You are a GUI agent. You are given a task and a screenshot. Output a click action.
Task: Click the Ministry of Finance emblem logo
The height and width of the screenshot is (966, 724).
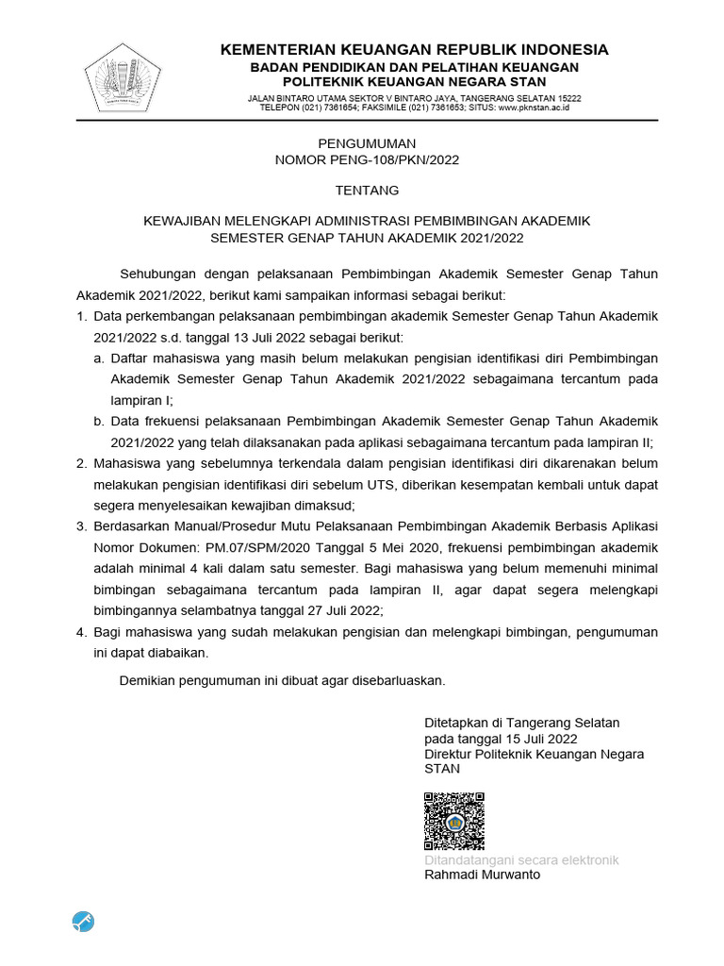[x=123, y=76]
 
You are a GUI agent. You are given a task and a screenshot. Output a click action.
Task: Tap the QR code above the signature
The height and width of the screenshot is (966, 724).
[x=454, y=821]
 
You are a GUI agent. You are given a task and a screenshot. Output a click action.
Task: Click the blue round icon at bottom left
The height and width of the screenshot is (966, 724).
[x=83, y=922]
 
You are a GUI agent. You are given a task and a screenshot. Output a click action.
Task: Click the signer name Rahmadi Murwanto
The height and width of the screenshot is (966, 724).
[x=482, y=874]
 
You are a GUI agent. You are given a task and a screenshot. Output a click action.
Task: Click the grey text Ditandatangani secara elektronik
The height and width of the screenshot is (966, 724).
[x=521, y=860]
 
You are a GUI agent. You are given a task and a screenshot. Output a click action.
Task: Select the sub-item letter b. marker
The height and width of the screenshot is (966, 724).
[x=99, y=421]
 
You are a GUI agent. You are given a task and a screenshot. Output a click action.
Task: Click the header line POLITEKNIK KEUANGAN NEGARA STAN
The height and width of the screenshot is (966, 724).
[x=414, y=82]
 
